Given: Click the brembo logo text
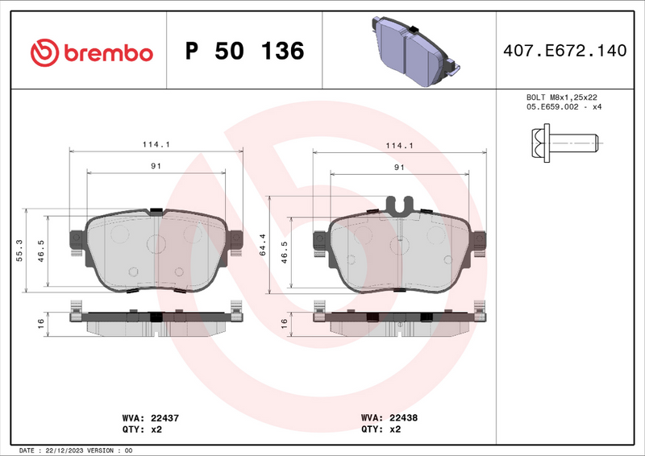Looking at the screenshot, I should pos(107,52).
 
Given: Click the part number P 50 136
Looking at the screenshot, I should pos(244,52).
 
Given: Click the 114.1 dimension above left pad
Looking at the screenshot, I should pos(156,145).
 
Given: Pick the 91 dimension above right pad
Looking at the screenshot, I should pos(399,167).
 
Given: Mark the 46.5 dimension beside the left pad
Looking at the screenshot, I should pos(40,251).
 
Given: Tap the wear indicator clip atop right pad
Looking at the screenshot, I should pos(401,205).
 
